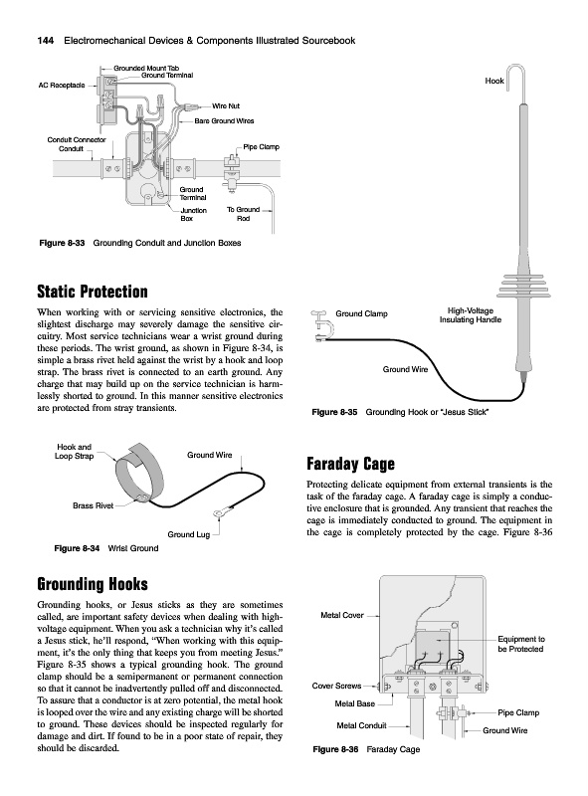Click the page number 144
tap(46, 41)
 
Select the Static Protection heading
tap(93, 292)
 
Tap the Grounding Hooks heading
tap(93, 584)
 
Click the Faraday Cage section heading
tap(350, 464)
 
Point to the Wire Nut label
tap(226, 106)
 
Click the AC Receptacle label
tap(62, 86)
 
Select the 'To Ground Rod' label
tap(243, 214)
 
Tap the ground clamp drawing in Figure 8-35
tap(319, 327)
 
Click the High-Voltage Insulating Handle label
tap(471, 315)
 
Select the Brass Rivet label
tap(93, 505)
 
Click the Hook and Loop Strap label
tap(75, 452)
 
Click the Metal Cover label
tap(342, 615)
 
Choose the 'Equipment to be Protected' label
tap(520, 644)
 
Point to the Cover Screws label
tap(336, 686)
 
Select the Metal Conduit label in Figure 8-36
tap(361, 725)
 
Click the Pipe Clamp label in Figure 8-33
tap(261, 147)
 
